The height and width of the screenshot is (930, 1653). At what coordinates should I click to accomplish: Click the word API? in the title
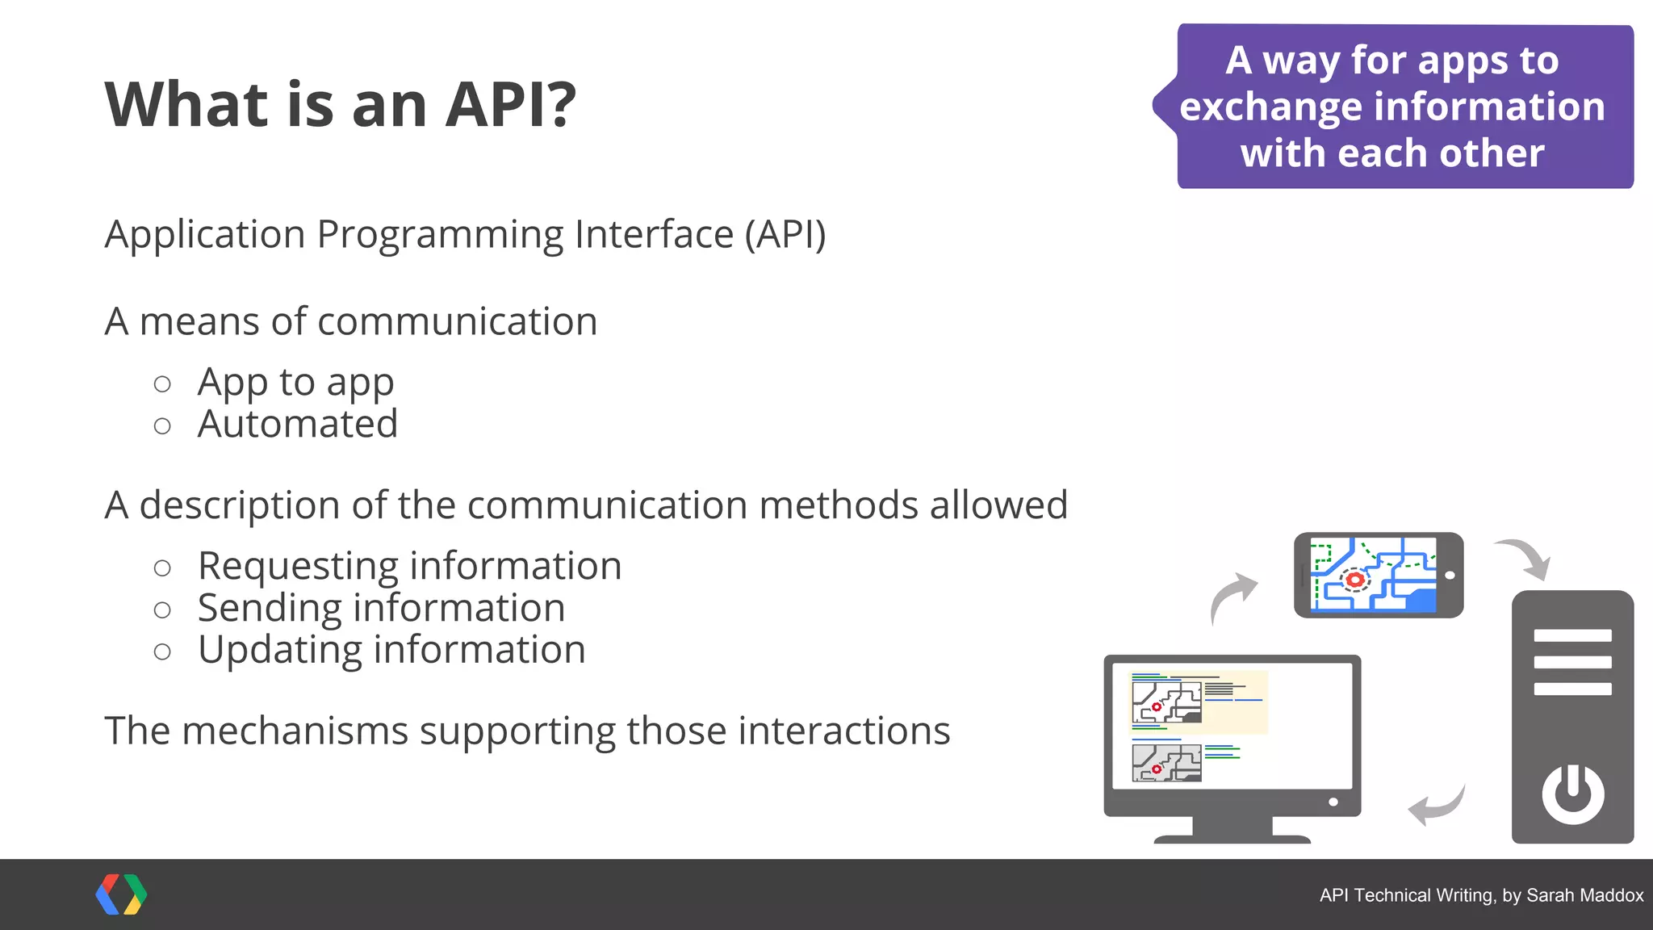[x=511, y=105]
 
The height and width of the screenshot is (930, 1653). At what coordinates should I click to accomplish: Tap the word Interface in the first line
[x=654, y=235]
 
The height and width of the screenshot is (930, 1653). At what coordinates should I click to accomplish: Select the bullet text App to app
[x=295, y=382]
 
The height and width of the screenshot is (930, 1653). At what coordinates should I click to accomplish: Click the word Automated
[x=298, y=424]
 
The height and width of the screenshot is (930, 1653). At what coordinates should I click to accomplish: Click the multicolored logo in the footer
[x=121, y=894]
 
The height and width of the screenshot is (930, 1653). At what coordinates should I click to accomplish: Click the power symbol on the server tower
[x=1572, y=794]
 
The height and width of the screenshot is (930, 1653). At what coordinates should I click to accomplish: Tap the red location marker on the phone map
[x=1355, y=580]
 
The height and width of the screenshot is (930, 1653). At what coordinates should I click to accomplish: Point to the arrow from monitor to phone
[x=1232, y=596]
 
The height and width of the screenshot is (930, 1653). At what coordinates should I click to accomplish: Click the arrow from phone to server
[x=1525, y=557]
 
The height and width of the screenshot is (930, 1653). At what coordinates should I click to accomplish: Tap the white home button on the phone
[x=1450, y=576]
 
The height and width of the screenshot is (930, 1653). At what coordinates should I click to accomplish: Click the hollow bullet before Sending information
[x=162, y=610]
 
